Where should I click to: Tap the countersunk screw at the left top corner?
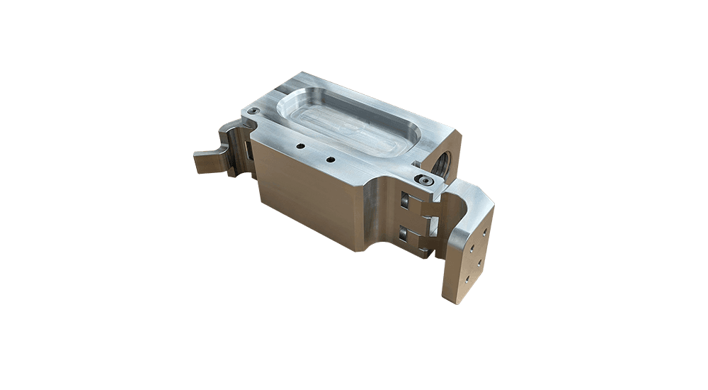(253, 111)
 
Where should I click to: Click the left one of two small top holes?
(300, 147)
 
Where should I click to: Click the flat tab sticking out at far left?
(210, 162)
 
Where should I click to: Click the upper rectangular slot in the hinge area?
(405, 201)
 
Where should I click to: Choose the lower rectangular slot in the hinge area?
(404, 233)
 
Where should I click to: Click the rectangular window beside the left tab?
(249, 151)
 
